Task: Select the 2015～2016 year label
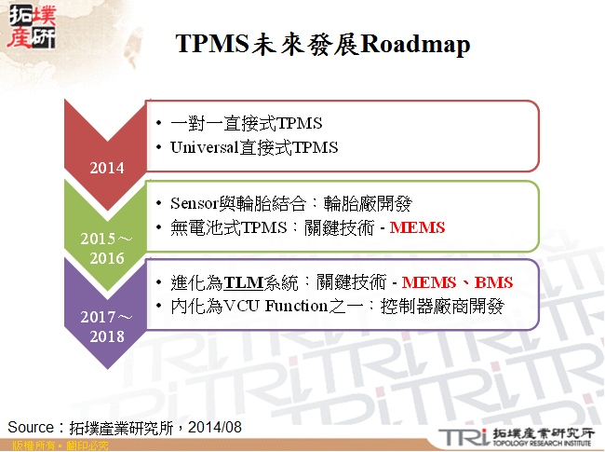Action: [x=106, y=249]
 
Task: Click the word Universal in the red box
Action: [x=203, y=147]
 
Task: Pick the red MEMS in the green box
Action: [x=417, y=227]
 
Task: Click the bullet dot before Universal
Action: [x=160, y=147]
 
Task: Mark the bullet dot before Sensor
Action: [x=160, y=203]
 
